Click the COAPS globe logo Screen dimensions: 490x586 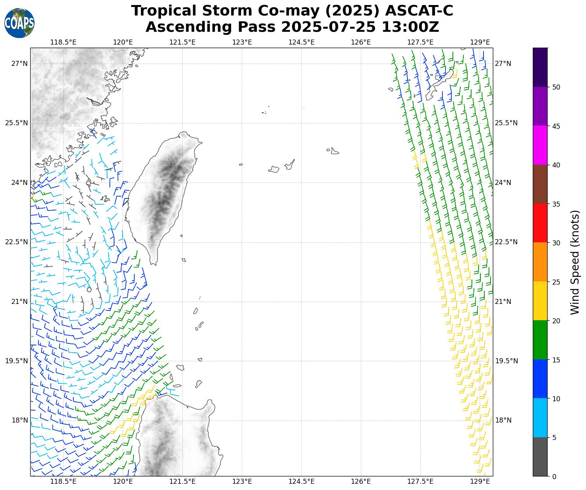pos(19,23)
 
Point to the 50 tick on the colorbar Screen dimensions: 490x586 pos(556,87)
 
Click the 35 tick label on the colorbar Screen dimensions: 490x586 pos(556,204)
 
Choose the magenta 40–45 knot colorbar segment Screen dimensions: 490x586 pos(540,145)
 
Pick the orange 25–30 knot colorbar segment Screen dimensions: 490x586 pos(540,262)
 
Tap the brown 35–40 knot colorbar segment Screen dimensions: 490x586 pos(540,184)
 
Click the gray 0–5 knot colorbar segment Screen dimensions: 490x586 pos(540,457)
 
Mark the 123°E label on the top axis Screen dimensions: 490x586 pos(242,42)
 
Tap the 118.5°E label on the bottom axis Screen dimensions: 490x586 pos(63,481)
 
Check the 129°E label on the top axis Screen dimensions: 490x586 pos(480,42)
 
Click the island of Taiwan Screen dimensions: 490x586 pos(163,194)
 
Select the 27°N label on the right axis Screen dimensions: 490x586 pos(503,64)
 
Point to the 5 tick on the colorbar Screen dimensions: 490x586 pos(554,438)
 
